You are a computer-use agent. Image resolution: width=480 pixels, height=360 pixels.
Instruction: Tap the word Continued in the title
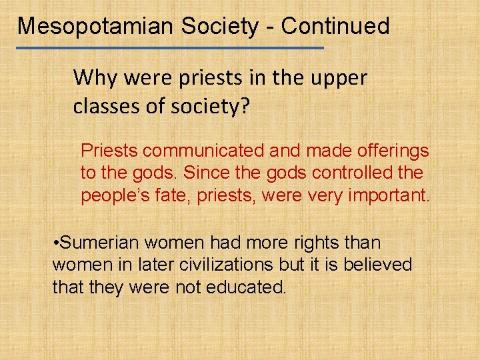[x=335, y=27]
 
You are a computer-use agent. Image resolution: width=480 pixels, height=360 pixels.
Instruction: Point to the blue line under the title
[x=170, y=48]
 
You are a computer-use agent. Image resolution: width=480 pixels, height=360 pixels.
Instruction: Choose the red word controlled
[x=355, y=173]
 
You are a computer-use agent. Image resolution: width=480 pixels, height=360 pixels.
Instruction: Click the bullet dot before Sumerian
[x=55, y=243]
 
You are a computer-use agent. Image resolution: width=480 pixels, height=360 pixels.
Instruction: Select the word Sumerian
[x=100, y=243]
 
